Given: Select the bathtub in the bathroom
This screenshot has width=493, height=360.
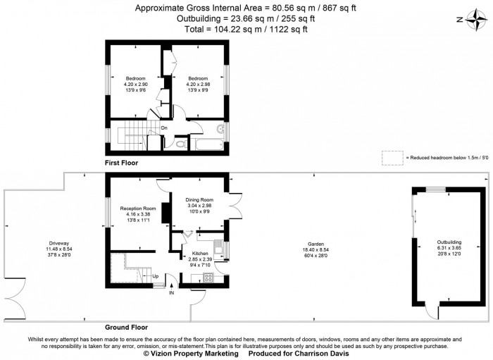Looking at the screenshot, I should pos(208,146).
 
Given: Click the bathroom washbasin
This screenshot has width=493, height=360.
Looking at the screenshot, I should pos(221,130).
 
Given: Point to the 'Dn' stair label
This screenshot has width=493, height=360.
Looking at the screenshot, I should pos(163,128).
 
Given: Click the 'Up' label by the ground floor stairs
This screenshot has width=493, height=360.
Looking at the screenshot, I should pos(156,275).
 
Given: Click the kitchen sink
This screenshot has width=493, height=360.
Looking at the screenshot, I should pos(219,248).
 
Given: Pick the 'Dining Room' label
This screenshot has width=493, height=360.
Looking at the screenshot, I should pos(199,200).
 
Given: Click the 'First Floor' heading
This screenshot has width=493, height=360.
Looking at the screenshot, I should pos(121,163).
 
